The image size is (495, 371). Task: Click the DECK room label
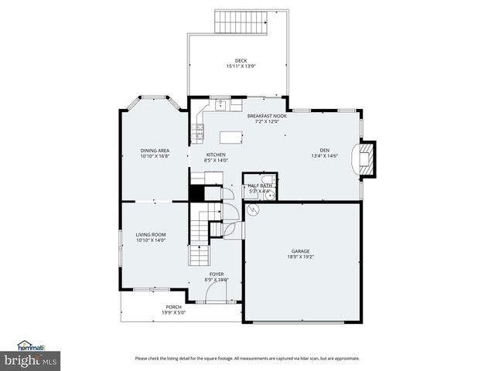pyautogui.click(x=241, y=60)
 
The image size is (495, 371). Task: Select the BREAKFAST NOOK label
pyautogui.click(x=267, y=116)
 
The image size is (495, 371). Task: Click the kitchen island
pyautogui.click(x=231, y=138)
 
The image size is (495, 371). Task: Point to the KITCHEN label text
pyautogui.click(x=215, y=155)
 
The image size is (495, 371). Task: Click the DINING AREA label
pyautogui.click(x=155, y=150)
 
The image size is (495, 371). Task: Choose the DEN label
pyautogui.click(x=325, y=150)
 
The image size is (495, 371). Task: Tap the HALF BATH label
pyautogui.click(x=259, y=185)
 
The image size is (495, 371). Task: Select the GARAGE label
pyautogui.click(x=300, y=251)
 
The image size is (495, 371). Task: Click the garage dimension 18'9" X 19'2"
pyautogui.click(x=300, y=257)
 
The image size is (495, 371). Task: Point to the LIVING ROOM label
pyautogui.click(x=151, y=234)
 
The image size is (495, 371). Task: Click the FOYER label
pyautogui.click(x=216, y=274)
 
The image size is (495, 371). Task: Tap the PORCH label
pyautogui.click(x=173, y=307)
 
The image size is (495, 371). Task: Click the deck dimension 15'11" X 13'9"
pyautogui.click(x=241, y=66)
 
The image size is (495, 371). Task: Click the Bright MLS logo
pyautogui.click(x=30, y=359)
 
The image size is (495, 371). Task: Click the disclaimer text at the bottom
pyautogui.click(x=247, y=358)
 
